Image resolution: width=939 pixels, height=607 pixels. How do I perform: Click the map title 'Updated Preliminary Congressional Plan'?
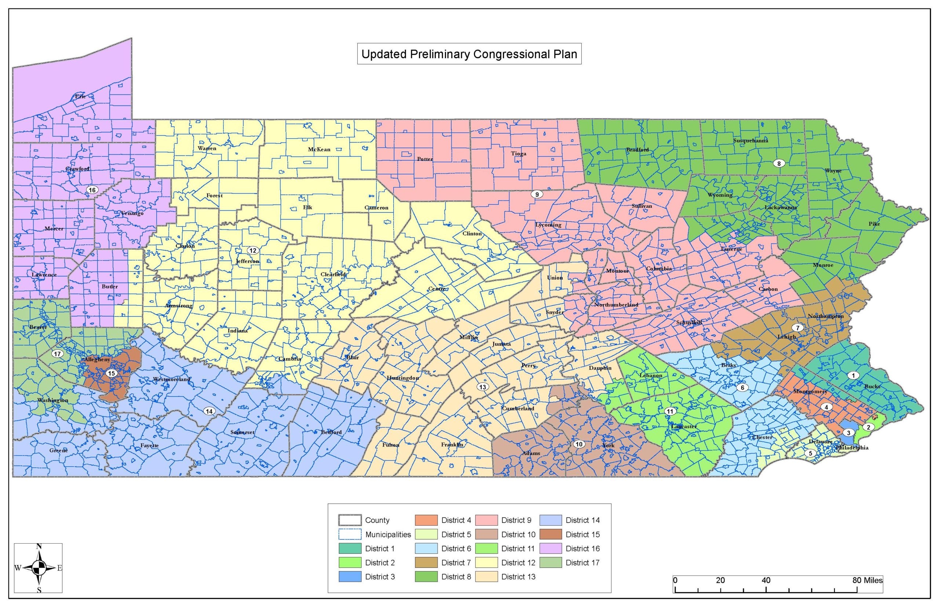[x=469, y=54]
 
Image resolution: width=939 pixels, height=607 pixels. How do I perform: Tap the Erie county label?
[x=80, y=96]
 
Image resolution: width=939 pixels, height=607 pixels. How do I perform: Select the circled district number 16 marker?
[x=92, y=190]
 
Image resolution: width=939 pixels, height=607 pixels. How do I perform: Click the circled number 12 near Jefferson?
[x=252, y=250]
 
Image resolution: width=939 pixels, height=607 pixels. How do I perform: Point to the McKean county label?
[x=319, y=150]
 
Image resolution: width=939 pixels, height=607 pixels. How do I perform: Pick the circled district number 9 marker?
[x=536, y=194]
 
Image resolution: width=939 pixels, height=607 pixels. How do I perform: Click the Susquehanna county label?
[x=750, y=140]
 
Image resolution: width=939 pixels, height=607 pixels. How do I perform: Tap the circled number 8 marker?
[x=778, y=163]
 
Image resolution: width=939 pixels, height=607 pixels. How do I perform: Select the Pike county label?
[x=874, y=224]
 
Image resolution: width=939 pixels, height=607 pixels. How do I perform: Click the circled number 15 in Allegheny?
[x=112, y=373]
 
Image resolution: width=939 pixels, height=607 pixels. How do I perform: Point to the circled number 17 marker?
[x=58, y=354]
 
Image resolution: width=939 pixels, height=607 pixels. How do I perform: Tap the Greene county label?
[x=58, y=450]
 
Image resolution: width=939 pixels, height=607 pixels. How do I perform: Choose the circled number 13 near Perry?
[x=483, y=387]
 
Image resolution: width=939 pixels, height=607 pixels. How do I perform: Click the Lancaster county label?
[x=684, y=427]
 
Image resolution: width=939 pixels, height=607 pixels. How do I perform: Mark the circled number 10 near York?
[x=578, y=444]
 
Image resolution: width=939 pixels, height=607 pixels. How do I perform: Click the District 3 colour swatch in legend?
[x=350, y=577]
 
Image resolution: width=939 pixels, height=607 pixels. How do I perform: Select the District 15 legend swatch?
[x=551, y=534]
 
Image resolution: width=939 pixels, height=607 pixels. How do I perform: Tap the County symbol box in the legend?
[x=350, y=520]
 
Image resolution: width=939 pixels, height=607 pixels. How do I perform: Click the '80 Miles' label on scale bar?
[x=867, y=580]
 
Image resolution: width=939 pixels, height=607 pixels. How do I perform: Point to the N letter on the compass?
[x=39, y=546]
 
